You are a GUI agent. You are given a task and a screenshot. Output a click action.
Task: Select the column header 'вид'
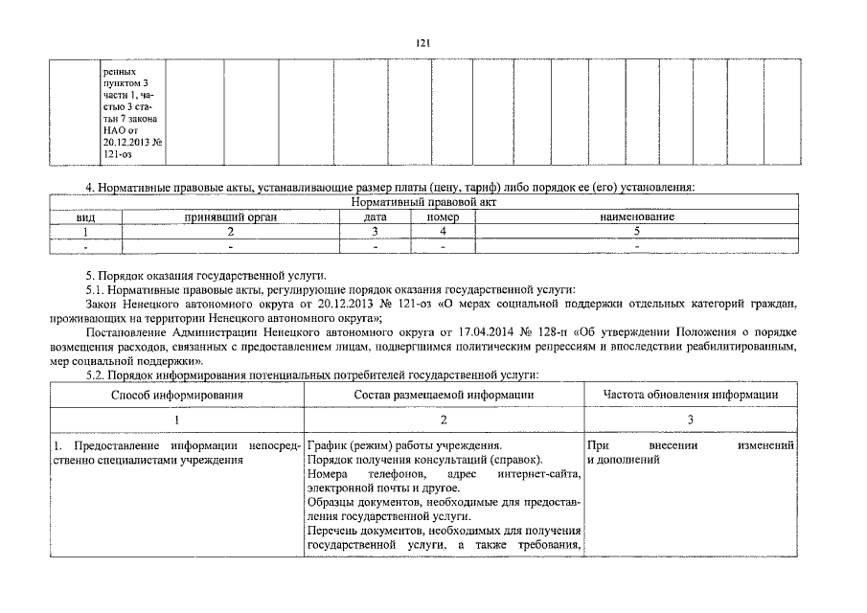[85, 217]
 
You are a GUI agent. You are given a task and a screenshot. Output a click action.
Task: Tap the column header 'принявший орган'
[230, 217]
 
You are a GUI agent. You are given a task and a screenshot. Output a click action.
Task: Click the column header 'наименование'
[636, 217]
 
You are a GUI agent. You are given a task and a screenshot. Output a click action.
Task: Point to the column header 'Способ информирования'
[176, 394]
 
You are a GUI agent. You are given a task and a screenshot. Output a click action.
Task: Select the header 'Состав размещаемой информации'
[444, 394]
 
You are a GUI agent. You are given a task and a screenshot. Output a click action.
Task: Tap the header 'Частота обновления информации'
[690, 394]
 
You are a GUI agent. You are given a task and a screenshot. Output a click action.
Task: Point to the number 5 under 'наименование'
[636, 231]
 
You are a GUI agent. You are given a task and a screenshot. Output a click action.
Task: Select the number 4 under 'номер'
[443, 231]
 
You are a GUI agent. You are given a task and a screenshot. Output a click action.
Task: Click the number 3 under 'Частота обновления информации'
[690, 420]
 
